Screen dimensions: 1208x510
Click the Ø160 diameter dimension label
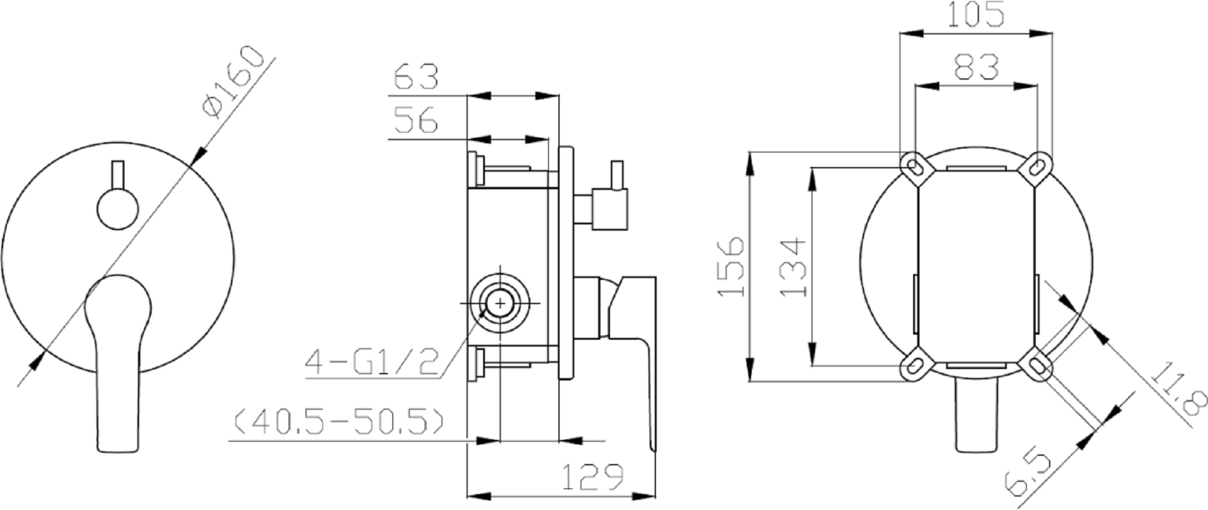click(x=232, y=82)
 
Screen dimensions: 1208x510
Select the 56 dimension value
click(x=416, y=120)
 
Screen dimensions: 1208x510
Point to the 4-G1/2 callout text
click(x=373, y=363)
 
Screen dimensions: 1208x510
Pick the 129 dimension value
click(x=591, y=477)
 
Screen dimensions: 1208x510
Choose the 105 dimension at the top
click(x=975, y=14)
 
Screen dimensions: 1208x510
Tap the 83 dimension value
click(x=975, y=67)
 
